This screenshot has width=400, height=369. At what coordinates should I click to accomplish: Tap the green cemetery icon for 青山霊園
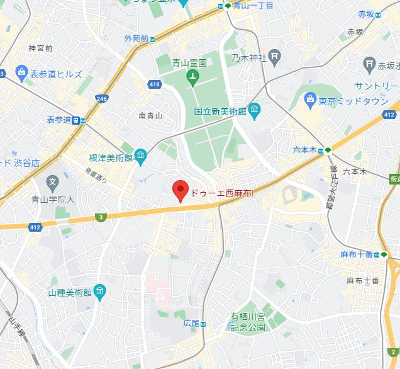coord(192,79)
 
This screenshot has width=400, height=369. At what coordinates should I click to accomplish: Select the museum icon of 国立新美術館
coord(254,111)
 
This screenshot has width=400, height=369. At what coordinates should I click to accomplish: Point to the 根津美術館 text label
coord(111,157)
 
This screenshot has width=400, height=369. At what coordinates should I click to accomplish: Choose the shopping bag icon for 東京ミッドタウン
coord(310,99)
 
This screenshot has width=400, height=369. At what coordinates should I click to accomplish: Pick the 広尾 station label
coord(191,323)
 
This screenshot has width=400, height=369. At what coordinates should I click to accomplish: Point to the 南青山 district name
coord(150,115)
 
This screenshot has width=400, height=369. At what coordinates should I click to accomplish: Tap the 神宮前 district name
coord(40,48)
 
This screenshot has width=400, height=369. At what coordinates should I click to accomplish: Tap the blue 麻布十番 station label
coord(356,254)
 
